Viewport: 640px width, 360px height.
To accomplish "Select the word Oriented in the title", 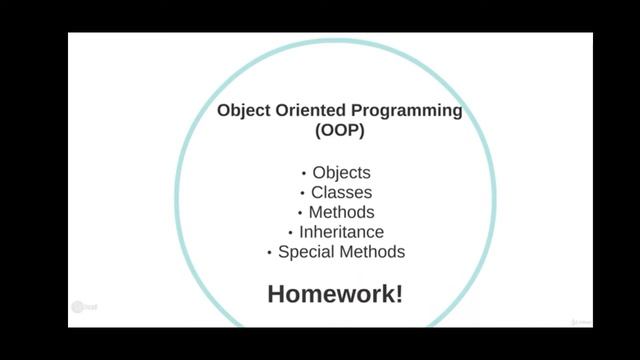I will click(x=310, y=111).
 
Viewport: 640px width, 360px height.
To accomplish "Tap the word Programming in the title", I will click(x=407, y=111).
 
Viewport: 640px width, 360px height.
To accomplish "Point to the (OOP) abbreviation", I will click(x=340, y=131).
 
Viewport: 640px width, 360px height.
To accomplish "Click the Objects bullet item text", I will click(x=341, y=172).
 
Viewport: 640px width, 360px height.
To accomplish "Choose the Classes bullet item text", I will click(x=341, y=192).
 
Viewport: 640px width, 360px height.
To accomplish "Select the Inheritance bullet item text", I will click(x=341, y=232).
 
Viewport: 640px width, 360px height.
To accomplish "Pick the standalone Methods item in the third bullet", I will click(x=341, y=212).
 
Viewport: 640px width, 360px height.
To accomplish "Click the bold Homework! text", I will click(x=335, y=294).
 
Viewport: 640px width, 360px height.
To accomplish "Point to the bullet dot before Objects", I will click(x=304, y=173).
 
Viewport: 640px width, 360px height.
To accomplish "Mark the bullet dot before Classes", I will click(x=302, y=193).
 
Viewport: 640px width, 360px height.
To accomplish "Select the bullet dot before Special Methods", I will click(x=270, y=253).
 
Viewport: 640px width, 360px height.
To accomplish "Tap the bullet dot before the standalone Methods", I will click(x=299, y=213).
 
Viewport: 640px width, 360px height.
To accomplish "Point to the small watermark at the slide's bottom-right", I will click(x=580, y=322).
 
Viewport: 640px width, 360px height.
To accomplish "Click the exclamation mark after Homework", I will click(x=398, y=294).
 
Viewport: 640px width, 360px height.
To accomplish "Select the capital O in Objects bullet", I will click(x=319, y=172).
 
